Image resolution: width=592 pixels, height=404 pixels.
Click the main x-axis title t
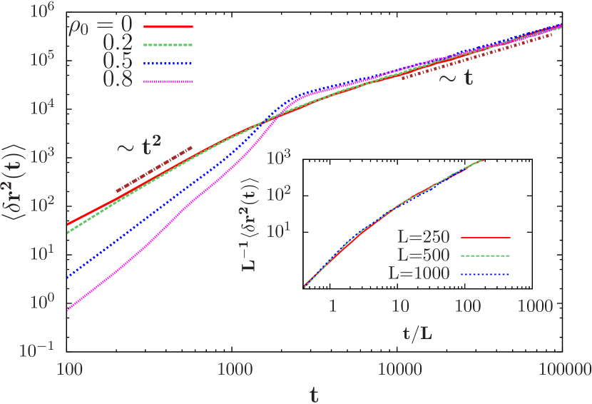[314, 393]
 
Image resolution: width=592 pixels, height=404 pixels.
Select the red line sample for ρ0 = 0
[168, 26]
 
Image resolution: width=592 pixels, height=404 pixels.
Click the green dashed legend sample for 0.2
[168, 45]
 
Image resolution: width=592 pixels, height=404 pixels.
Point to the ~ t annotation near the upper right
[454, 78]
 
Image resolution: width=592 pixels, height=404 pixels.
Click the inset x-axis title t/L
[420, 332]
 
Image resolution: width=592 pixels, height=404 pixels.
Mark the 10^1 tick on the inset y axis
[280, 231]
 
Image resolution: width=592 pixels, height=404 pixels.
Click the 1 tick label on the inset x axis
[332, 306]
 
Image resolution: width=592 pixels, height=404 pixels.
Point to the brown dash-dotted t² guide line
[154, 169]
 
